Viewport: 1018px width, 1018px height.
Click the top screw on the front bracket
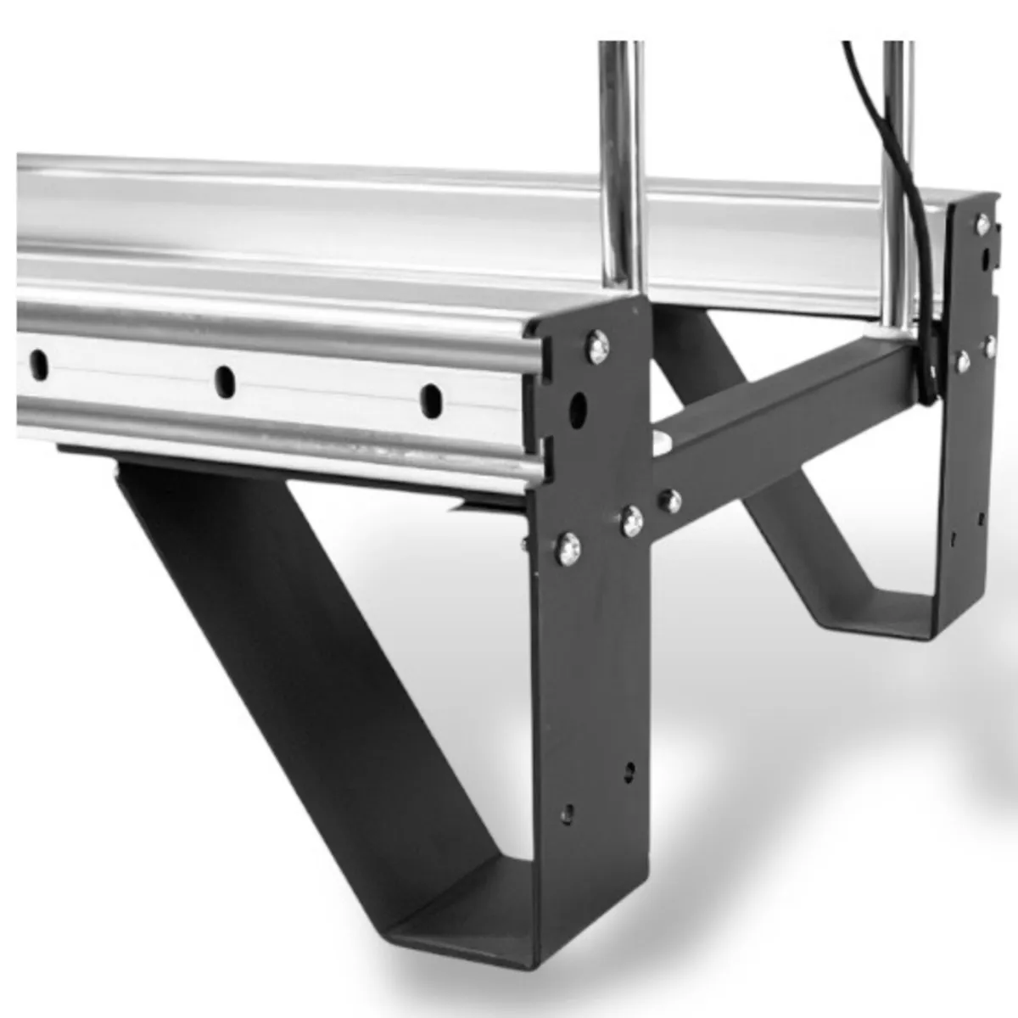pyautogui.click(x=598, y=345)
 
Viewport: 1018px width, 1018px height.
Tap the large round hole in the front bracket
pyautogui.click(x=579, y=409)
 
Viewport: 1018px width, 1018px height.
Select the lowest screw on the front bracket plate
pyautogui.click(x=568, y=548)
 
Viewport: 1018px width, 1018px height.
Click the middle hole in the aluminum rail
pyautogui.click(x=225, y=381)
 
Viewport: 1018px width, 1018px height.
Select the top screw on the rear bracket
pyautogui.click(x=982, y=226)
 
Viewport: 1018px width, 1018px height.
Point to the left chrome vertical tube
pyautogui.click(x=621, y=170)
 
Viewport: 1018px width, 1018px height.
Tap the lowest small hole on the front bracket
pyautogui.click(x=568, y=812)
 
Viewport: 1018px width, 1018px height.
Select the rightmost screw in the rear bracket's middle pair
pyautogui.click(x=989, y=345)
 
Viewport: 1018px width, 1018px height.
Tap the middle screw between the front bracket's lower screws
pyautogui.click(x=632, y=520)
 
